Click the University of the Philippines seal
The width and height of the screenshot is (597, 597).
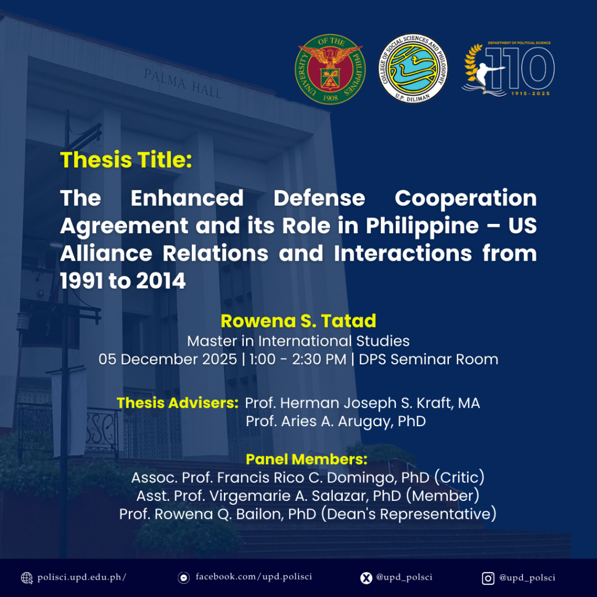(330, 69)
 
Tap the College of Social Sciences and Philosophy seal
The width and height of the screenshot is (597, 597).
(413, 69)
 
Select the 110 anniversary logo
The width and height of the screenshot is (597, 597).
(508, 69)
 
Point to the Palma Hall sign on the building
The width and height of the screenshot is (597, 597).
(182, 83)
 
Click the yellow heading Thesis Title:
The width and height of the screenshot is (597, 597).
(126, 160)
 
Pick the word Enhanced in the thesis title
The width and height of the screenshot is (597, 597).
(187, 198)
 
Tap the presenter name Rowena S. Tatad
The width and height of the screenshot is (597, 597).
(298, 321)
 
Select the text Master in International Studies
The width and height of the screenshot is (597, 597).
(298, 340)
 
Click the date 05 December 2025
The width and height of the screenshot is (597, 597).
(167, 359)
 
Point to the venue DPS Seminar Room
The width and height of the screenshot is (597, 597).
(429, 359)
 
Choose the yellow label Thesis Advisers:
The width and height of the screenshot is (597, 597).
(177, 403)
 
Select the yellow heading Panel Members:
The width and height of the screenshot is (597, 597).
(307, 459)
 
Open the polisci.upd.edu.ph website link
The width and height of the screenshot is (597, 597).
(82, 577)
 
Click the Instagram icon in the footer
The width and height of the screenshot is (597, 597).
(488, 578)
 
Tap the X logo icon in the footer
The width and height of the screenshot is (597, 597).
(366, 578)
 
